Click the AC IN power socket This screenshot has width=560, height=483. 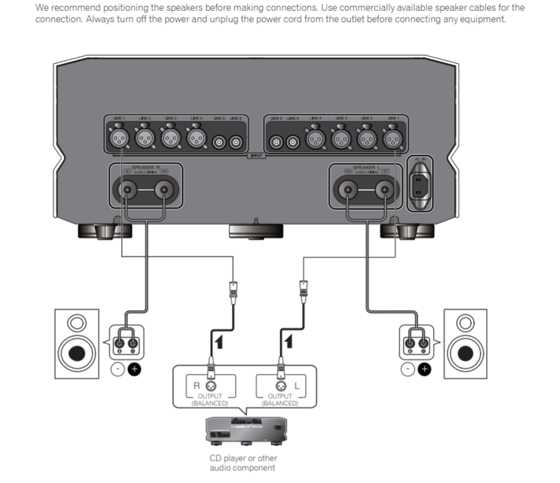[x=422, y=187]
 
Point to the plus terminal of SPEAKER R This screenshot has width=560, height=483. [x=127, y=189]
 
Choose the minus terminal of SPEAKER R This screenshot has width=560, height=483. [x=164, y=189]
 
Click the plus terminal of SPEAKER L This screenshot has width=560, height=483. [x=384, y=189]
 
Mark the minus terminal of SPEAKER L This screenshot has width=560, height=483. [x=347, y=189]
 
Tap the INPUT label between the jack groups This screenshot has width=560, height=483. [x=256, y=156]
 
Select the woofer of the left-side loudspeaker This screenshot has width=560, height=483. [x=75, y=352]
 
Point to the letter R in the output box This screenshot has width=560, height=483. [x=197, y=385]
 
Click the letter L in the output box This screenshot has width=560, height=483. [x=297, y=385]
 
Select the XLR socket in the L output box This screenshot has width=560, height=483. [x=280, y=385]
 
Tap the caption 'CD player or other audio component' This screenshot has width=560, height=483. [x=243, y=463]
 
